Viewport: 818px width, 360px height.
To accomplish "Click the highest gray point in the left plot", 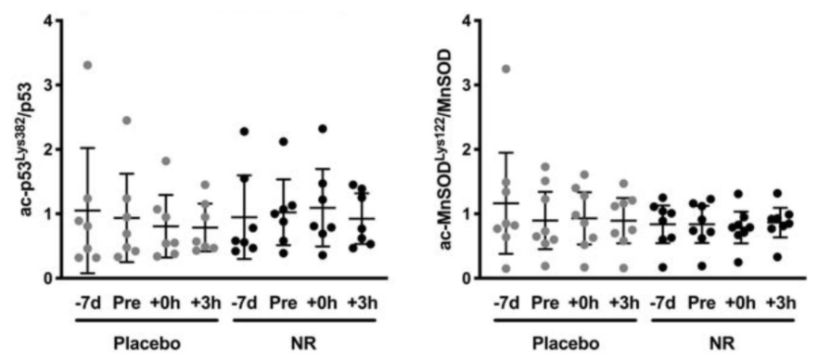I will point(88,65).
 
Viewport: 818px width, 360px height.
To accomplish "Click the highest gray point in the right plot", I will point(505,69).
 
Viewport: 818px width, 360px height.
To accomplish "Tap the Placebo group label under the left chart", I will point(146,342).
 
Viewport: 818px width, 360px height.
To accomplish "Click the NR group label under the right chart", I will point(717,342).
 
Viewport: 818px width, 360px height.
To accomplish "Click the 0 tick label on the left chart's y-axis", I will point(45,277).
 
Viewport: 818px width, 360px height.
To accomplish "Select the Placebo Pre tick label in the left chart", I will point(127,302).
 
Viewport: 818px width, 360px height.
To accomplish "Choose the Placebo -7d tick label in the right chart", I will point(505,302).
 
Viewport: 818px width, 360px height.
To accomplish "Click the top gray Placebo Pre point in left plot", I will point(127,121).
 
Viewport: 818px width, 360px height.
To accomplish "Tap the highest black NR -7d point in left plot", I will point(244,131).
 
